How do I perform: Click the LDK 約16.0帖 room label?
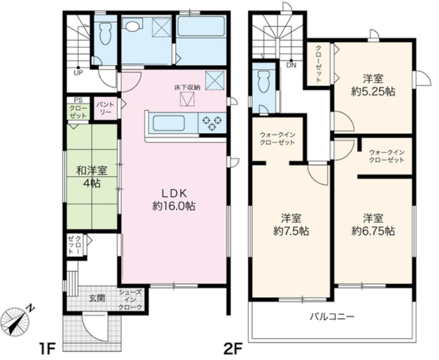click(x=174, y=200)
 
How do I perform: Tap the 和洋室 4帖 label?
click(x=92, y=177)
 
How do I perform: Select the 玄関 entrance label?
click(x=97, y=298)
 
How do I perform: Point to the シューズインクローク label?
click(x=130, y=300)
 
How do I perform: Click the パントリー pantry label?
click(x=105, y=108)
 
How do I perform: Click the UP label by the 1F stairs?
click(x=78, y=74)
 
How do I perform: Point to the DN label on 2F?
click(x=291, y=66)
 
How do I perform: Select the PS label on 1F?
click(x=78, y=100)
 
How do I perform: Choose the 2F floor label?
click(x=232, y=348)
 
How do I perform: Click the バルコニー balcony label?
click(x=332, y=316)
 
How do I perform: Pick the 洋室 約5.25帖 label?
click(x=373, y=85)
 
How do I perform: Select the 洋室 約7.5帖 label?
click(x=291, y=225)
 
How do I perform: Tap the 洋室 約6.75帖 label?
click(x=373, y=225)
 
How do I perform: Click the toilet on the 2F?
click(x=263, y=81)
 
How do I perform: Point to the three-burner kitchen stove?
click(x=212, y=123)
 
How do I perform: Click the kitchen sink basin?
click(x=168, y=123)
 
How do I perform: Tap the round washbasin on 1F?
click(x=131, y=26)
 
